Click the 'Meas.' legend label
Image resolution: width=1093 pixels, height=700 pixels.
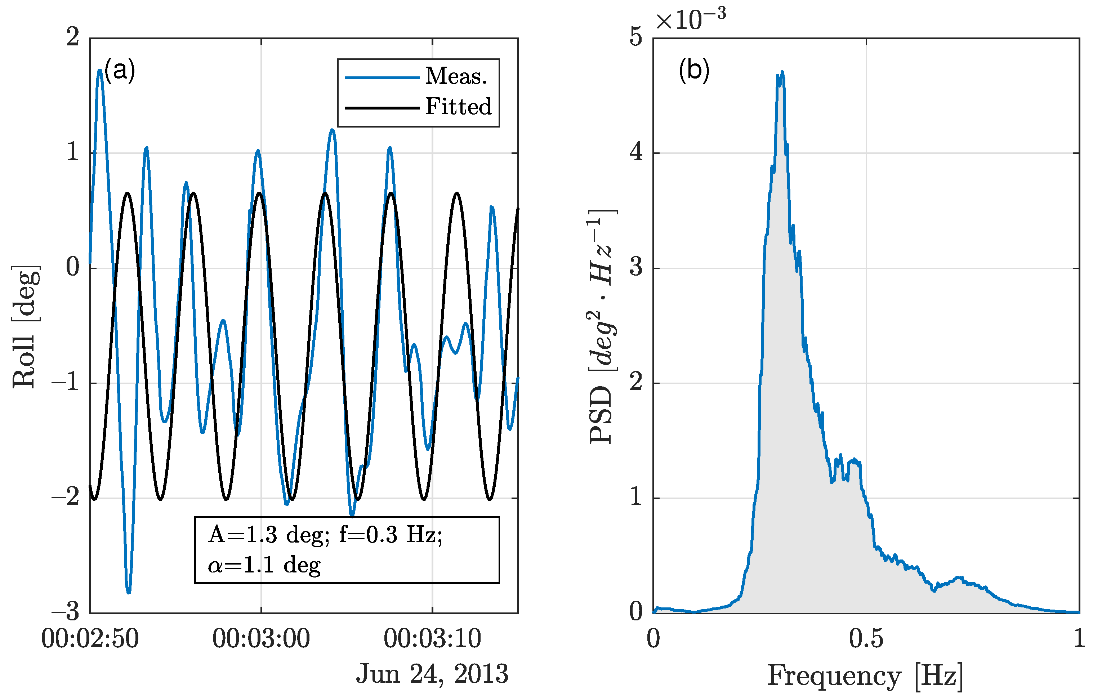[456, 76]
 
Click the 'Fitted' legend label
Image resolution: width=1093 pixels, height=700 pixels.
[458, 107]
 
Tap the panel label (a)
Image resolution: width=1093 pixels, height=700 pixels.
[120, 71]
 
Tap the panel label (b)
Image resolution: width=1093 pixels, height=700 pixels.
[694, 71]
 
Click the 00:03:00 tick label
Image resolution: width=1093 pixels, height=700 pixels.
[261, 639]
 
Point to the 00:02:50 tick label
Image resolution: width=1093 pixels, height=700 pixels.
[90, 639]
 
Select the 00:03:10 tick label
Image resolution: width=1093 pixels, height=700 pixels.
[432, 639]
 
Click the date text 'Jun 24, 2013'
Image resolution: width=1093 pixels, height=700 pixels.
[432, 674]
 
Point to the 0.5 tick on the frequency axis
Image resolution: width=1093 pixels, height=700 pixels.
[866, 639]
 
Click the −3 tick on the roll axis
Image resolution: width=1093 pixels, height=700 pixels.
[66, 612]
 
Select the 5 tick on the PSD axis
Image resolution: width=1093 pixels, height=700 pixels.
[636, 37]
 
